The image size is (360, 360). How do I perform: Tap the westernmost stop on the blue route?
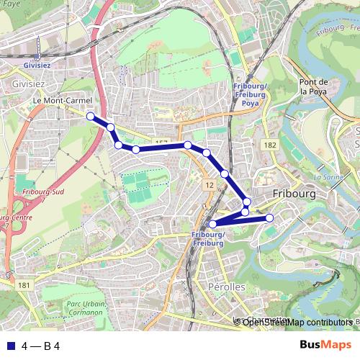click(x=91, y=116)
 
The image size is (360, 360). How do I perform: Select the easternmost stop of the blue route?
click(x=270, y=217)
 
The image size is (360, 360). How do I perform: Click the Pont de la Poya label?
click(x=314, y=86)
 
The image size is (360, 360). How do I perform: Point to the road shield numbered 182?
click(x=270, y=145)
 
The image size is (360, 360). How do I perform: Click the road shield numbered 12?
click(x=210, y=185)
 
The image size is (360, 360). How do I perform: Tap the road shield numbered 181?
click(x=24, y=286)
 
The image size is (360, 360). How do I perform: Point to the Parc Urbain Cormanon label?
click(x=86, y=309)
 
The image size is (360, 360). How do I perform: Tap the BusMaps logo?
click(x=325, y=345)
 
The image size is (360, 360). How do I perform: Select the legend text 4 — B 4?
click(x=41, y=346)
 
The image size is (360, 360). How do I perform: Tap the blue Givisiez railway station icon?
click(x=36, y=57)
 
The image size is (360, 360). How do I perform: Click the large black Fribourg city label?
click(x=297, y=194)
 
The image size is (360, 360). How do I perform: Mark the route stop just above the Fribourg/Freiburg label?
click(x=212, y=225)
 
